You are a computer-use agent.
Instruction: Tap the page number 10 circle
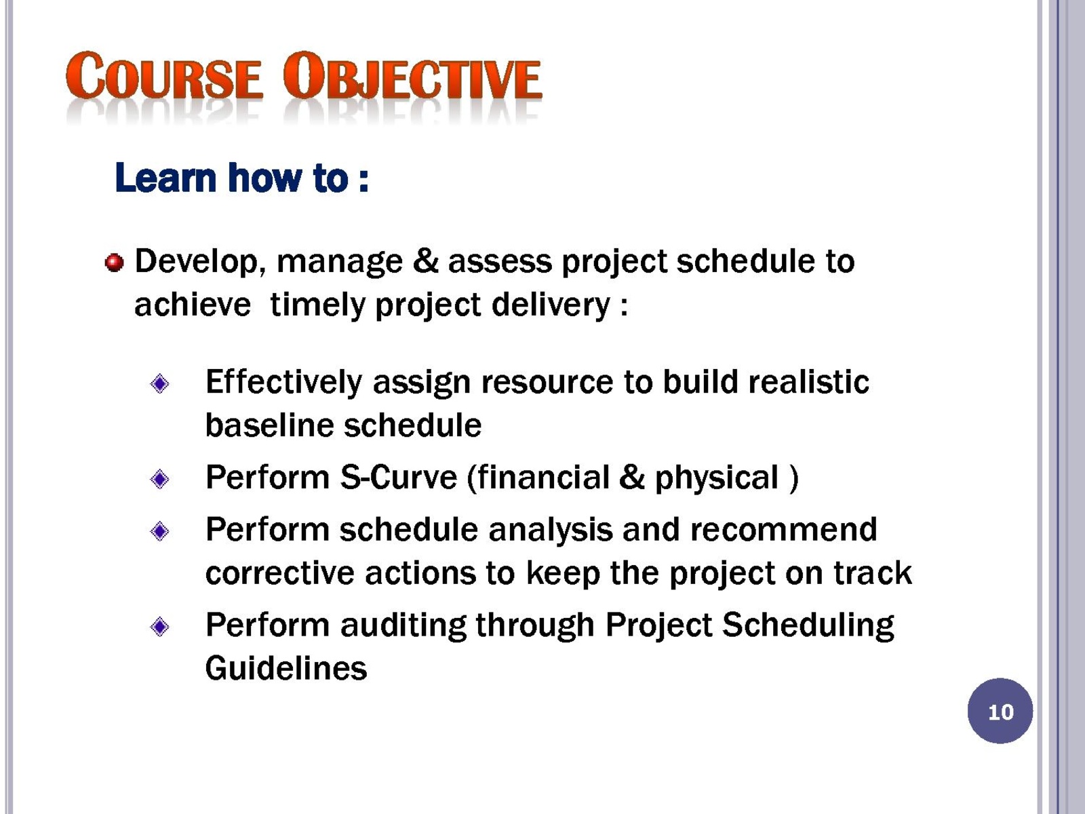click(1000, 711)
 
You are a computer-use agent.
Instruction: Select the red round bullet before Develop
click(114, 263)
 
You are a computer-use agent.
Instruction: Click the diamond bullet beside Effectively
click(159, 383)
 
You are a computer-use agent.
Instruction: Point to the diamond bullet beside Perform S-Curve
click(159, 479)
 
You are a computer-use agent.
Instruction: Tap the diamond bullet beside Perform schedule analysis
click(159, 531)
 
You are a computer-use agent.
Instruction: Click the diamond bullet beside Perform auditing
click(159, 627)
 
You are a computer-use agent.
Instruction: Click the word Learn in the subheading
click(165, 177)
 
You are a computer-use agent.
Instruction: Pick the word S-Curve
click(399, 478)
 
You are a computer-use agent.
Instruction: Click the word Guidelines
click(286, 668)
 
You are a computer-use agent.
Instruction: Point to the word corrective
click(280, 573)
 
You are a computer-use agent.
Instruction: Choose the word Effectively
click(284, 383)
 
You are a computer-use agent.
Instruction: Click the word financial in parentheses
click(538, 478)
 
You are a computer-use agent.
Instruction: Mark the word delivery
click(551, 305)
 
